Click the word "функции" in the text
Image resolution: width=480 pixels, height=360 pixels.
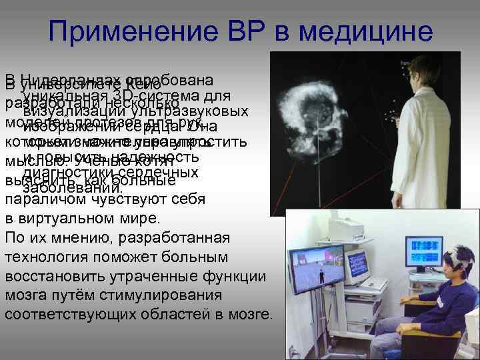click(233, 276)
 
